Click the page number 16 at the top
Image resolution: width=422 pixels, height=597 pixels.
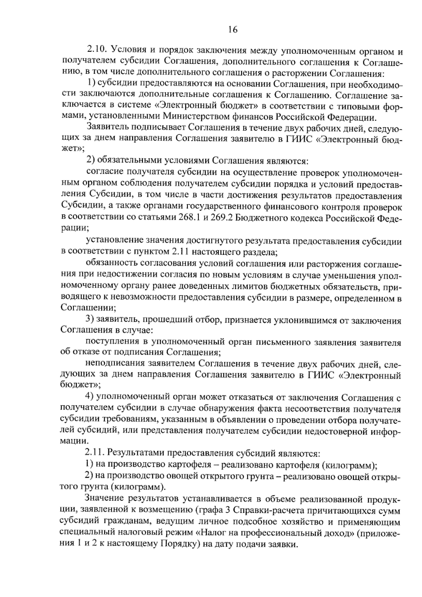coord(233,30)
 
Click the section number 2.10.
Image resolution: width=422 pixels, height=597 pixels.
coord(97,52)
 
